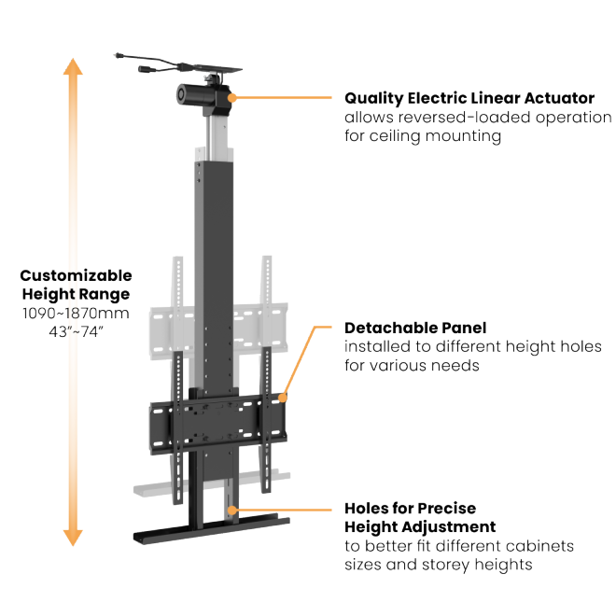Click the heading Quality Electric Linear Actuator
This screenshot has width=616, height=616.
pyautogui.click(x=469, y=97)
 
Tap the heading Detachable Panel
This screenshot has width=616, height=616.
pyautogui.click(x=415, y=328)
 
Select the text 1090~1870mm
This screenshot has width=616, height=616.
pyautogui.click(x=76, y=313)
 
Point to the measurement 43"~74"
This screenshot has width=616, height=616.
pyautogui.click(x=76, y=331)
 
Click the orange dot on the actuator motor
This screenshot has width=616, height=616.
pyautogui.click(x=232, y=96)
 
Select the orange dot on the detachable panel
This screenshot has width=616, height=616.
pyautogui.click(x=281, y=397)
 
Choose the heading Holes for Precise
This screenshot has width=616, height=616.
pyautogui.click(x=410, y=509)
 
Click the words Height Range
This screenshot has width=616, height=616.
pyautogui.click(x=76, y=294)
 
